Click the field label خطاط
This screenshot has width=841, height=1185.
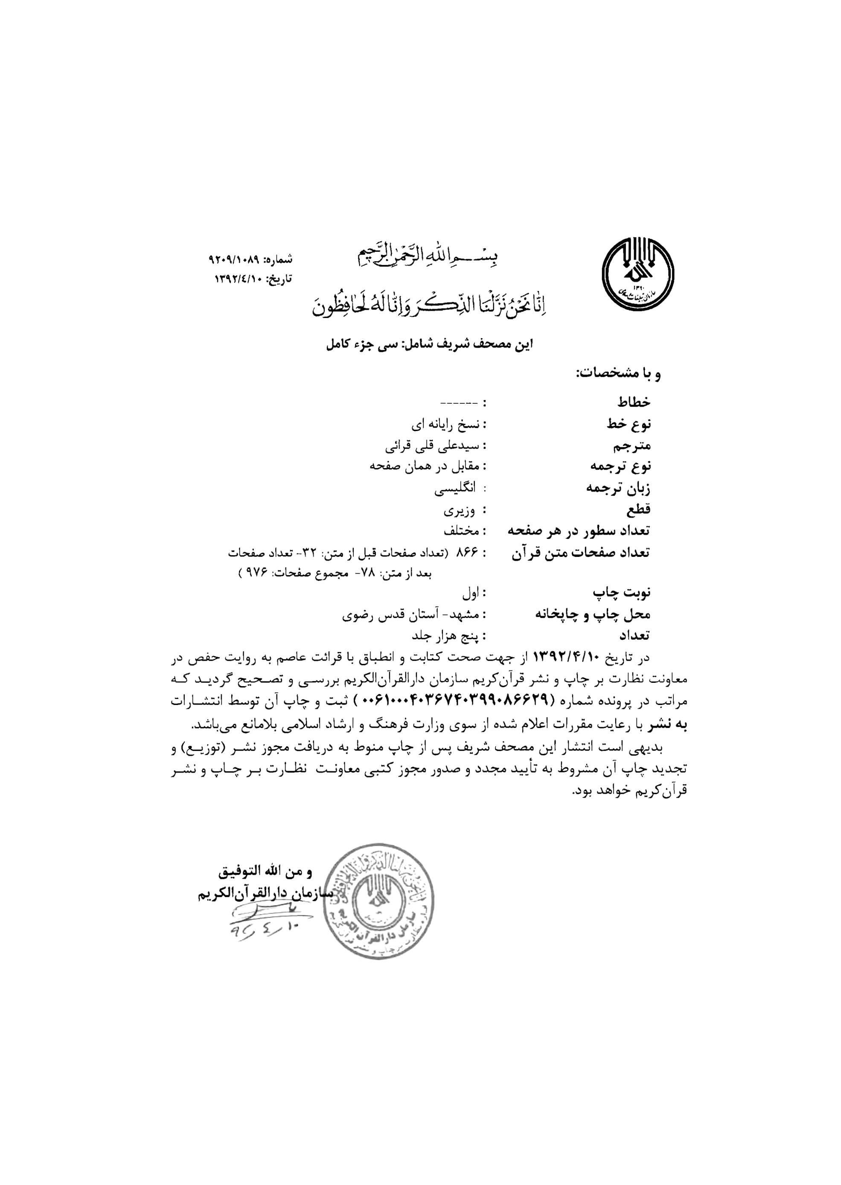coord(633,402)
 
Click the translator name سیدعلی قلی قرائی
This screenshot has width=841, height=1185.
coord(434,445)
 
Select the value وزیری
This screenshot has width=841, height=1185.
coord(457,510)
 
